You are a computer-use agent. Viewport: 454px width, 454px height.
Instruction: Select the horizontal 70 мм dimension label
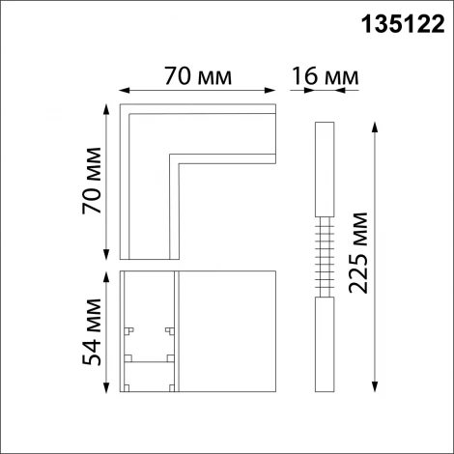click(197, 74)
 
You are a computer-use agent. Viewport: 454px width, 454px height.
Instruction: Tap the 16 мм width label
click(325, 74)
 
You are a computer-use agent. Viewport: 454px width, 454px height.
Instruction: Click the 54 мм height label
click(94, 331)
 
